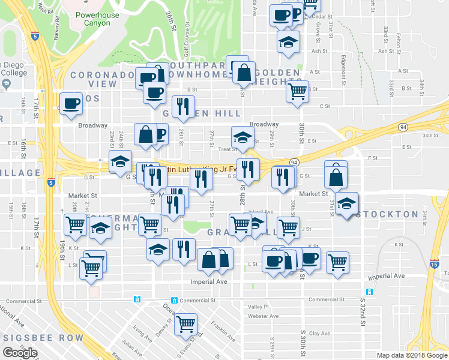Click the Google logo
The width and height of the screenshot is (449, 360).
(x=20, y=353)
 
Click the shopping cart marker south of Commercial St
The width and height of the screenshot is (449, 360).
(x=186, y=323)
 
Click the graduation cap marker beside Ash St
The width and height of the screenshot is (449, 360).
(x=288, y=42)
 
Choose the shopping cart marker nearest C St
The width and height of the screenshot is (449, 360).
(x=297, y=91)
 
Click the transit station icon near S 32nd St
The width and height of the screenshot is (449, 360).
(x=369, y=292)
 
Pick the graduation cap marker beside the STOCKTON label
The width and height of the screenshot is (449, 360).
(x=346, y=203)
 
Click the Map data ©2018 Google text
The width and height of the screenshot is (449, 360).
(x=411, y=355)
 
